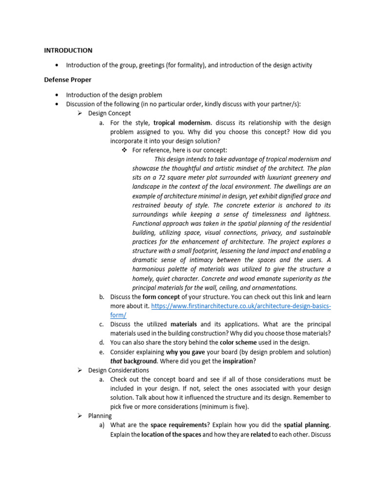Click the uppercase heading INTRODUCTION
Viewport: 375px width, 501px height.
68,50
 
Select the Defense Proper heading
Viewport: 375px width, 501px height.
68,80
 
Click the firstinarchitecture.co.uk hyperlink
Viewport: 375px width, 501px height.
241,306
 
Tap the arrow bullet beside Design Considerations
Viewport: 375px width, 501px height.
80,370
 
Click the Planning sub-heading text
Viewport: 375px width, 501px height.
100,416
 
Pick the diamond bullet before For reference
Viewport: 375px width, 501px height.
124,150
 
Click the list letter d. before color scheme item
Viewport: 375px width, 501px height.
102,342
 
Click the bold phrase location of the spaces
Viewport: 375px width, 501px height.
171,434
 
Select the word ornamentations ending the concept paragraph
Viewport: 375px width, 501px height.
271,288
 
